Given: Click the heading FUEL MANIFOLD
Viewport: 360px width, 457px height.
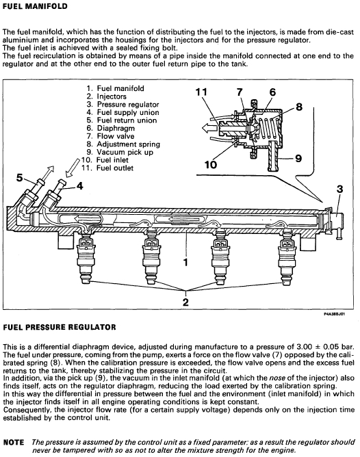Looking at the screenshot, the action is tap(35, 6).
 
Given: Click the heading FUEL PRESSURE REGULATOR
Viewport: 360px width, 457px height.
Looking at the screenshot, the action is tap(60, 327).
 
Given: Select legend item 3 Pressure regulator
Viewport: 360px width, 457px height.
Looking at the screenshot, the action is tap(123, 105).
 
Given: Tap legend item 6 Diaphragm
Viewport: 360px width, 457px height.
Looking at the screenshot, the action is tap(110, 128).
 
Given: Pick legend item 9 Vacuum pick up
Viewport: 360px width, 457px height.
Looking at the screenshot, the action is tap(120, 152).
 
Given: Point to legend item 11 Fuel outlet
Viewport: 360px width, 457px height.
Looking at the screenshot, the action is tap(107, 168).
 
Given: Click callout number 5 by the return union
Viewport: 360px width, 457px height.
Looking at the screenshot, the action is tap(20, 177).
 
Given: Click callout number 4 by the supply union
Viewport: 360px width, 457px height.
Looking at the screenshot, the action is tap(80, 185).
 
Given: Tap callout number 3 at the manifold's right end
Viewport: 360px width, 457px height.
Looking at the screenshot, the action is tap(339, 189).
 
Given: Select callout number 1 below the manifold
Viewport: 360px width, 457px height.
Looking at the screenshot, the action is tap(185, 262).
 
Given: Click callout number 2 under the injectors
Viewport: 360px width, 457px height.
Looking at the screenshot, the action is tap(185, 302).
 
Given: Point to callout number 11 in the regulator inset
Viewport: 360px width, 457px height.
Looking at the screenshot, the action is tap(201, 92).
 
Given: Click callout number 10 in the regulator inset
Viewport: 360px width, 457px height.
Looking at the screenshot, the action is tap(211, 165).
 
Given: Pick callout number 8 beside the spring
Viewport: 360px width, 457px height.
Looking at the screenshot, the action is tap(299, 107).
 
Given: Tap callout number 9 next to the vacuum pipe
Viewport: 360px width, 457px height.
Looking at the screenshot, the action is tap(298, 158).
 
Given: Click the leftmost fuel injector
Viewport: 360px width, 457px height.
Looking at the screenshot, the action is tap(86, 257).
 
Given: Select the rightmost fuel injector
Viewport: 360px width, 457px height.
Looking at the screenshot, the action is tap(287, 257).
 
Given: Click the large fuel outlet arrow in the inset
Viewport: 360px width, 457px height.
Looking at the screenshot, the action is tap(210, 128).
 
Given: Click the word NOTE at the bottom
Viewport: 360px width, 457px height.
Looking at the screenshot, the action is tap(14, 442).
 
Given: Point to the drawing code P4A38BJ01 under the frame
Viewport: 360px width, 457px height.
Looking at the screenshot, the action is tap(335, 314).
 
